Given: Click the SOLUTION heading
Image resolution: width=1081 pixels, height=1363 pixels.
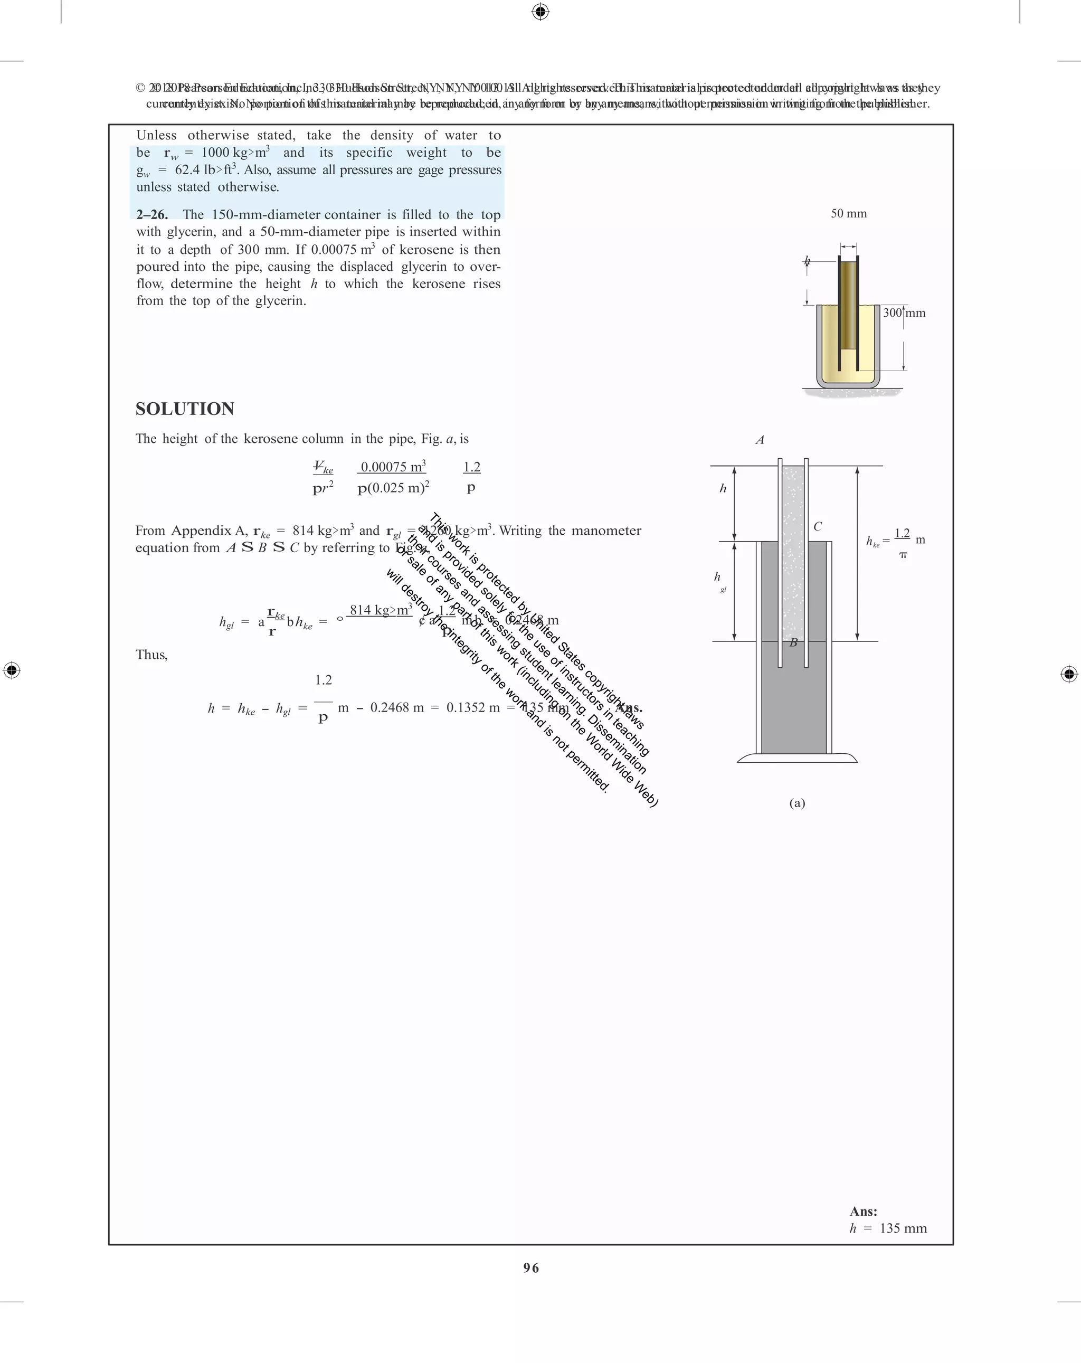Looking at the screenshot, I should (185, 409).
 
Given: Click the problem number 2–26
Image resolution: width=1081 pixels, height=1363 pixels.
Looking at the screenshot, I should (151, 214).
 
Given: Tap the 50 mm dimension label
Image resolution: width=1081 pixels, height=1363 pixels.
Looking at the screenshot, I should (848, 214).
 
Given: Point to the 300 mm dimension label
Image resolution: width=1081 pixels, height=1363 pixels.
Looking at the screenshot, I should (904, 313).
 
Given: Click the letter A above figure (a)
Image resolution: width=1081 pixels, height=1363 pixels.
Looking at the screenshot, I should (760, 440).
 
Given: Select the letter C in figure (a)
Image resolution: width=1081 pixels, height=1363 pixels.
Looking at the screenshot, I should (818, 527).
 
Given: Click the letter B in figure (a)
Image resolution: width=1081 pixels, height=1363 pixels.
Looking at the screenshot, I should (793, 643).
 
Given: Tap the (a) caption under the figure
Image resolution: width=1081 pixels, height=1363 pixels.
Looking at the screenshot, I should (796, 803).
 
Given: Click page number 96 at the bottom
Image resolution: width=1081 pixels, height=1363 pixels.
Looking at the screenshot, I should (531, 1267).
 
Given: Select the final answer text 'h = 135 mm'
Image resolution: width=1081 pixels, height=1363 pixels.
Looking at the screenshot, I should (888, 1228).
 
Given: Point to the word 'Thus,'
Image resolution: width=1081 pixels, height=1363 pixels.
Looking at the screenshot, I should (151, 655).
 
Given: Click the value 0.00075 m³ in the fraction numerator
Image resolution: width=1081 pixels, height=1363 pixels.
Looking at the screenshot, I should (393, 467).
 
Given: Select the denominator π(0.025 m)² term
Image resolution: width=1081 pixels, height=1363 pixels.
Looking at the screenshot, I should (393, 488).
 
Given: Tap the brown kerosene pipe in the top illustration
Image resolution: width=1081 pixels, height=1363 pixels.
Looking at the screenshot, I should (848, 304).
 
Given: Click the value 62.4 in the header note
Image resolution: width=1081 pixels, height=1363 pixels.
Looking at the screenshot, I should (187, 169).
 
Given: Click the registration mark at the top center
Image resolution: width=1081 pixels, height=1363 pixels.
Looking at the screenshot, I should (540, 12).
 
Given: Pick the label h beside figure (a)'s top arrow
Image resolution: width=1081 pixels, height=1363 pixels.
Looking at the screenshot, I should (723, 489).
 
